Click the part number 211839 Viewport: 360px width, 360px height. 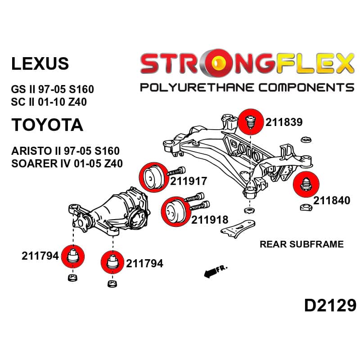tap(284, 122)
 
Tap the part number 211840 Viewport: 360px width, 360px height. tap(332, 200)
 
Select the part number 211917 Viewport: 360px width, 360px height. tap(189, 181)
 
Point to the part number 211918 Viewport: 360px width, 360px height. tap(210, 220)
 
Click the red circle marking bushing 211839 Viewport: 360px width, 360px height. tap(251, 122)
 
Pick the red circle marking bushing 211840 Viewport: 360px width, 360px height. tap(306, 184)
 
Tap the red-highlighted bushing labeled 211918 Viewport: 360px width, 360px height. tap(176, 211)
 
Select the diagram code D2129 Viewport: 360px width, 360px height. tap(330, 306)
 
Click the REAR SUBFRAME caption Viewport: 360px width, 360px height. tap(301, 244)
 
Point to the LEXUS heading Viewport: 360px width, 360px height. tap(40, 63)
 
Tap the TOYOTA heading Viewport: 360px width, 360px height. tap(47, 125)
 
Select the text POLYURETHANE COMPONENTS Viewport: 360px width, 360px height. tap(247, 87)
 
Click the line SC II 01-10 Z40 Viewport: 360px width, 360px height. tap(49, 102)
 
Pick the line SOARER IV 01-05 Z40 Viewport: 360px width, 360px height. tap(67, 163)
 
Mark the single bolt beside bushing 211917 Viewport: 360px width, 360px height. tap(176, 171)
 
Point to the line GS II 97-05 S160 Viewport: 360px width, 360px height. tap(53, 89)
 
